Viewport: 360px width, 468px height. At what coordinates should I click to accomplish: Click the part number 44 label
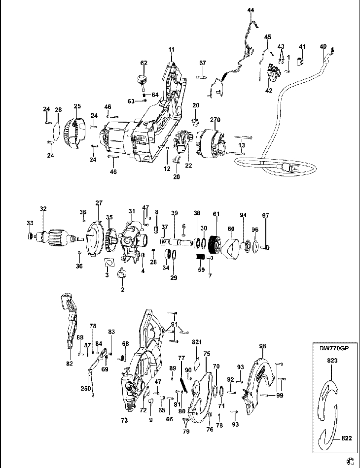coord(251,10)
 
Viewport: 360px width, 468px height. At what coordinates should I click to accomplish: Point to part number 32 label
coord(43,209)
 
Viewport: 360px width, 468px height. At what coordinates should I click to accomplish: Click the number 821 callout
coord(197,341)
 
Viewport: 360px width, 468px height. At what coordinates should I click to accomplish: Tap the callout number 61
coord(215,213)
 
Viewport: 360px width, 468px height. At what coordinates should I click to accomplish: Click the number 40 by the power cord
coord(323,47)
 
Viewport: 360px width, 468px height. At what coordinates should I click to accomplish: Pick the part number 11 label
coord(172,49)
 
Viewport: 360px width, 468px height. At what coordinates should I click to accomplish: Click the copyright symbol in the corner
coord(351,462)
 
